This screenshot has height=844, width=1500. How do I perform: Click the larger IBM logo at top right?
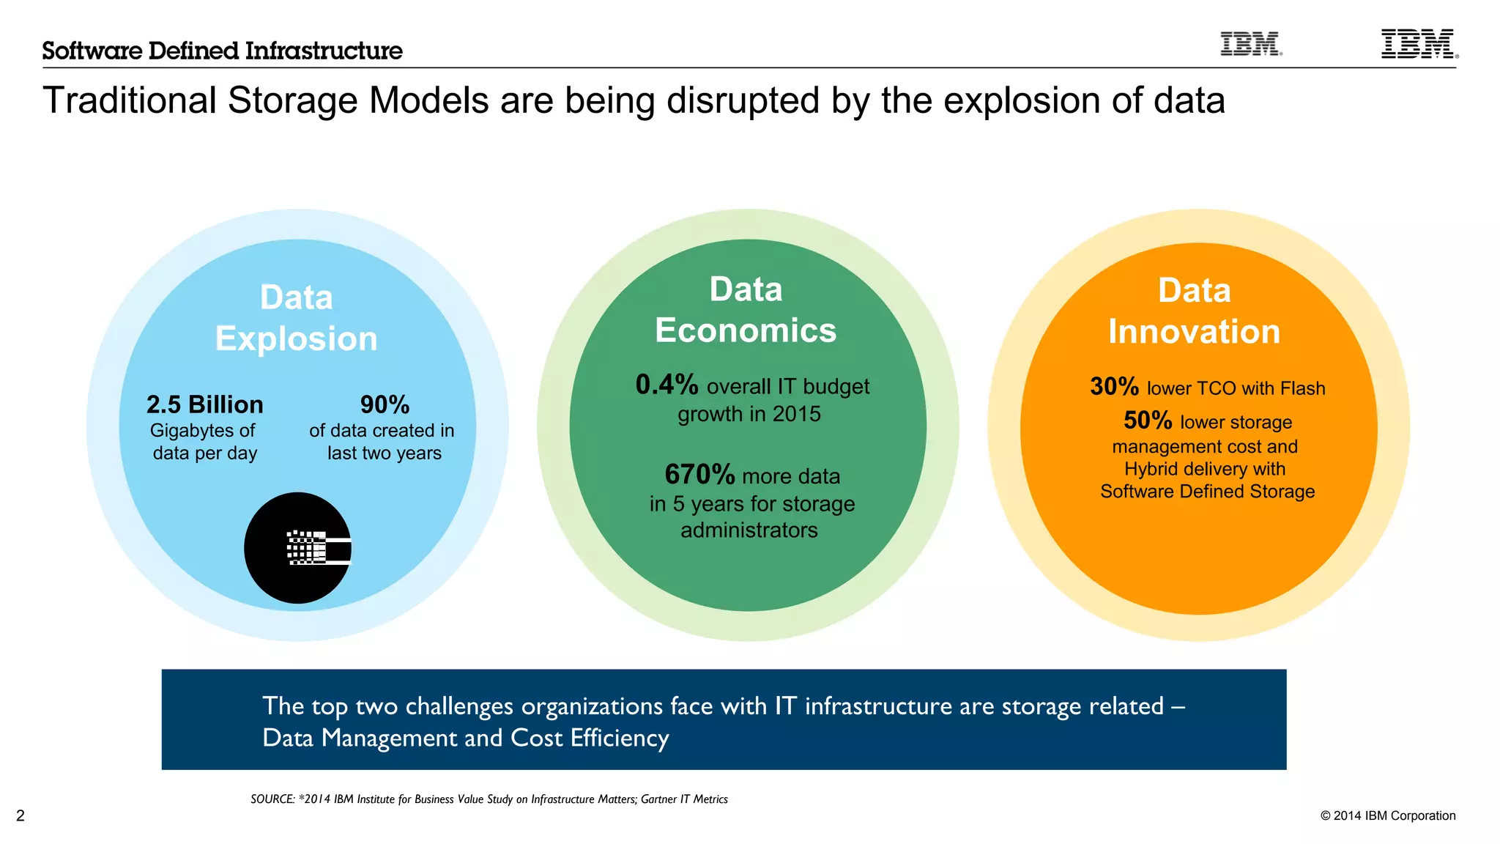tap(1418, 44)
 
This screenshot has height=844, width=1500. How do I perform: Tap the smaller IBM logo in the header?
tap(1251, 44)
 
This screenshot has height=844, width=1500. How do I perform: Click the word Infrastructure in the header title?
tap(324, 51)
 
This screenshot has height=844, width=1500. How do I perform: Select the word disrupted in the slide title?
tap(738, 100)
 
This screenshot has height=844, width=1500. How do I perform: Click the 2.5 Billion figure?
tap(204, 404)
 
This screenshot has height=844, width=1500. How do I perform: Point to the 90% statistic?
tap(385, 404)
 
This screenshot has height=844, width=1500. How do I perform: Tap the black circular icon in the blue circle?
tap(298, 548)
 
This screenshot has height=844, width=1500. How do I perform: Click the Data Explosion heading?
tap(296, 318)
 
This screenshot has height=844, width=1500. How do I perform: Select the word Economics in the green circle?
tap(746, 330)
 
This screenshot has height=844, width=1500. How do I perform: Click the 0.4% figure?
tap(667, 385)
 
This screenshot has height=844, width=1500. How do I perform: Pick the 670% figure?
tap(699, 475)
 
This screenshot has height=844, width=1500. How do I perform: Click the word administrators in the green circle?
tap(749, 530)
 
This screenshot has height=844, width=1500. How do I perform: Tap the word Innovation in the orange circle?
tap(1194, 332)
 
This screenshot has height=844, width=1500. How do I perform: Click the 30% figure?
tap(1114, 386)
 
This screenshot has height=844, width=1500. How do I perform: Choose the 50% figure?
tap(1148, 421)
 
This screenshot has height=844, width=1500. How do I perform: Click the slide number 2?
tap(21, 815)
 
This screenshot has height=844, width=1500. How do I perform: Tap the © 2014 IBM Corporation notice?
tap(1387, 815)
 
